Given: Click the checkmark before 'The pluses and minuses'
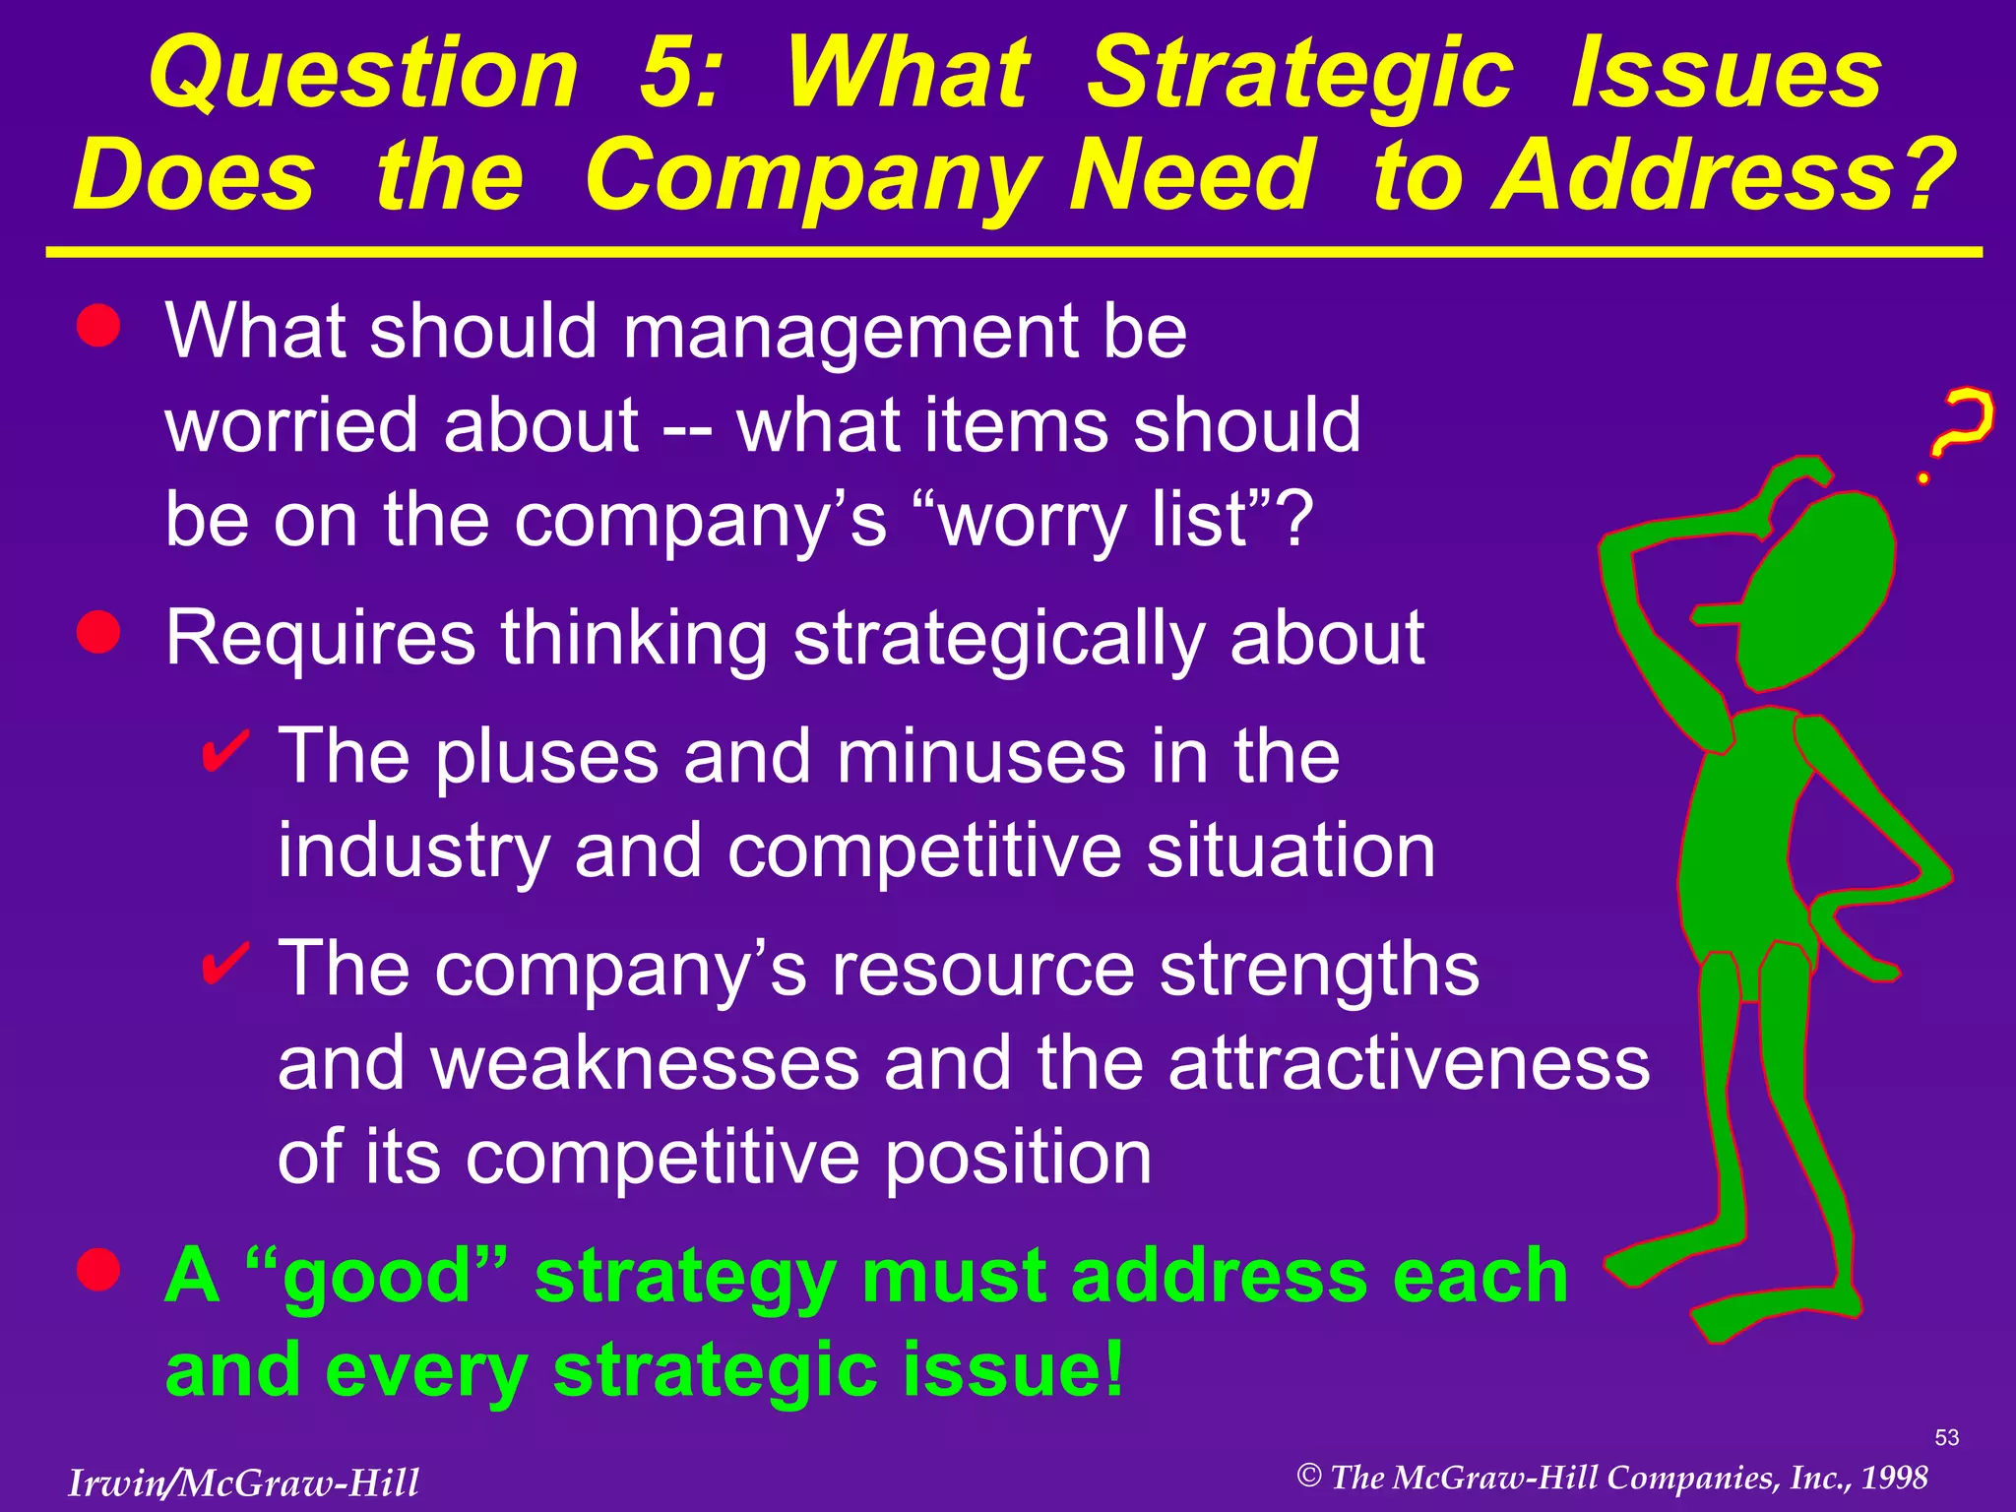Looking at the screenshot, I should pyautogui.click(x=224, y=752).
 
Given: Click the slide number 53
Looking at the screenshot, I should pyautogui.click(x=1946, y=1437).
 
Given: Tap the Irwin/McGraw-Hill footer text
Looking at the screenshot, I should pyautogui.click(x=243, y=1482).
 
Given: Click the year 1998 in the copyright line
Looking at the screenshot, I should pyautogui.click(x=1894, y=1478).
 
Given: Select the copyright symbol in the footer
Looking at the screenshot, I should pyautogui.click(x=1308, y=1476).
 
